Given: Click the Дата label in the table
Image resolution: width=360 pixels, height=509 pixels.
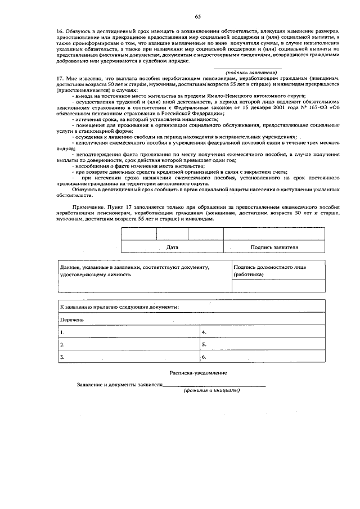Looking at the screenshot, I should pos(173,247).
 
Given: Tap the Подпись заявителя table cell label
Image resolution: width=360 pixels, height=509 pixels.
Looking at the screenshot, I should pos(274,247).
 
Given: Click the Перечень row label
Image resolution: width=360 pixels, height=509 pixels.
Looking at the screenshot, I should pos(73,319).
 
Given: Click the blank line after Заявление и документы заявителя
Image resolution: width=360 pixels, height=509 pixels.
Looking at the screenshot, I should pos(214,385).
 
